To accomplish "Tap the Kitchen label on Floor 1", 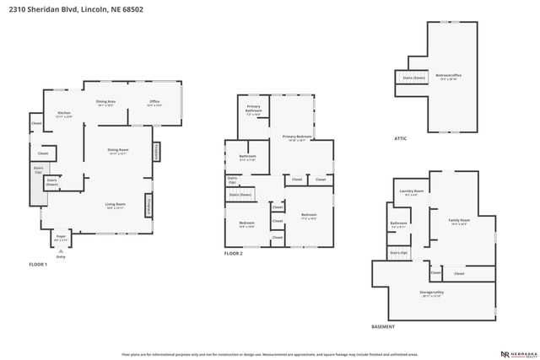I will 64,114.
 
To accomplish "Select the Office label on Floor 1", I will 154,103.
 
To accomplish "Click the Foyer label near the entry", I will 61,239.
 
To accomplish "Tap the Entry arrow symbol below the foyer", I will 61,250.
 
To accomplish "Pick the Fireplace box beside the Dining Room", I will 157,152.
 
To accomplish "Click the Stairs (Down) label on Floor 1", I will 52,181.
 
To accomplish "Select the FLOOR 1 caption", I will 38,264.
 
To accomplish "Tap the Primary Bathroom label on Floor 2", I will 254,110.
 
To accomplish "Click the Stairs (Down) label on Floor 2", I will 240,195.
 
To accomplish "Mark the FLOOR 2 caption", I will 234,253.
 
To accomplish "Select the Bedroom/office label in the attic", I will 448,77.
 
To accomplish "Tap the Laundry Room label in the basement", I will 412,193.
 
